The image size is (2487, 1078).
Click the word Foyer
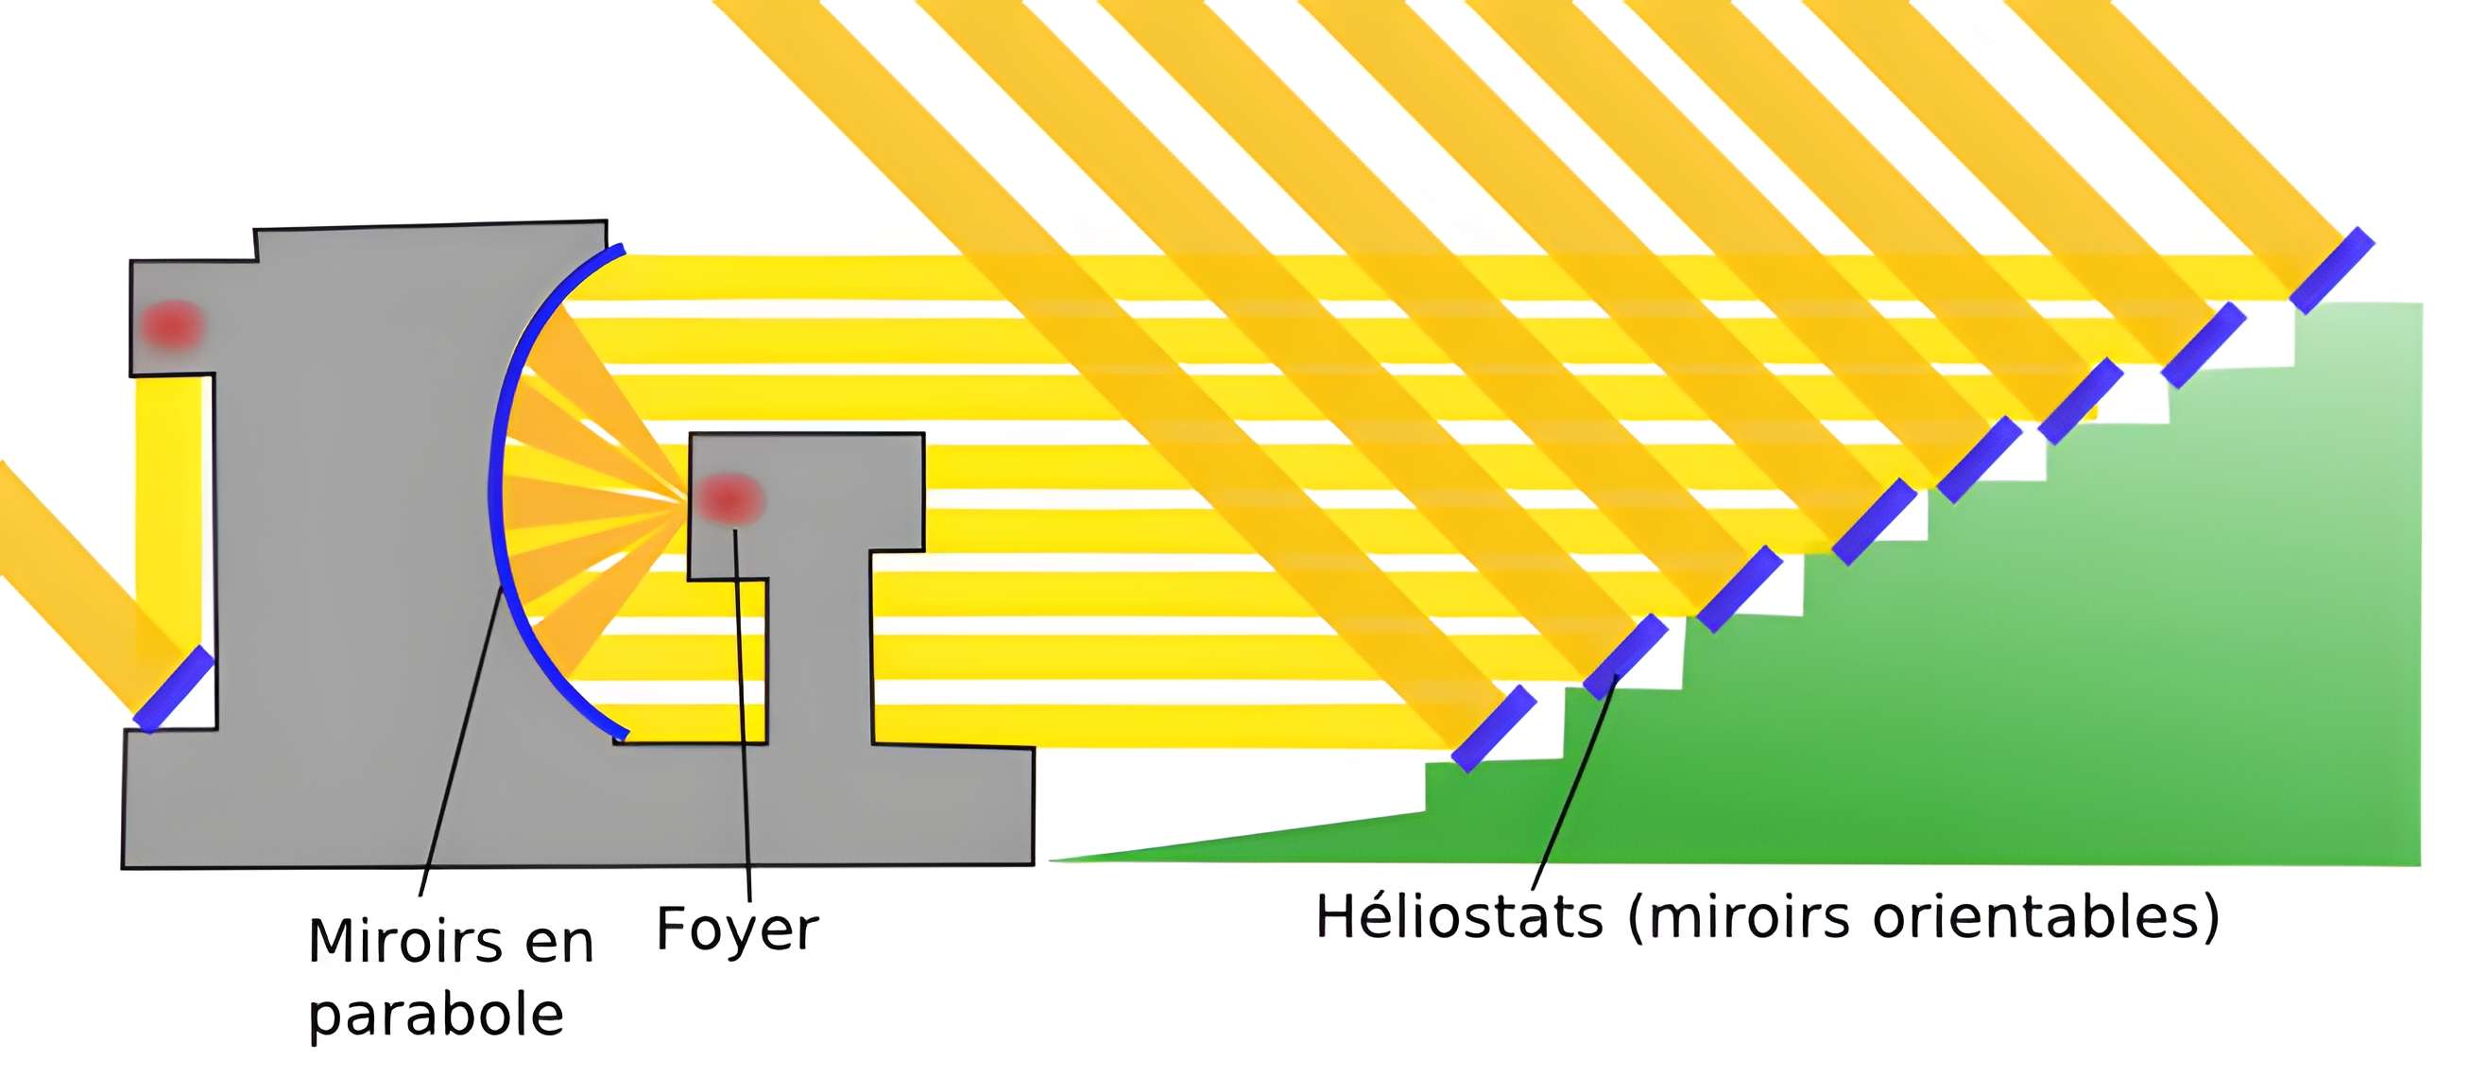737,930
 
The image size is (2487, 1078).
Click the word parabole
436,1017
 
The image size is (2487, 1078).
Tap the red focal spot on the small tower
729,498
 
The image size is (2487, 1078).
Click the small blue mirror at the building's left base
174,688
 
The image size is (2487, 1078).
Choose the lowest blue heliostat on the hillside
1494,728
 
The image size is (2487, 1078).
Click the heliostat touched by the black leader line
1625,656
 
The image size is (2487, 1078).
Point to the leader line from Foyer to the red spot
742,715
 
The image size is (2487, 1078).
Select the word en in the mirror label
561,943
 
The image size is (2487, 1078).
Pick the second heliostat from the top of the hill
2204,345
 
